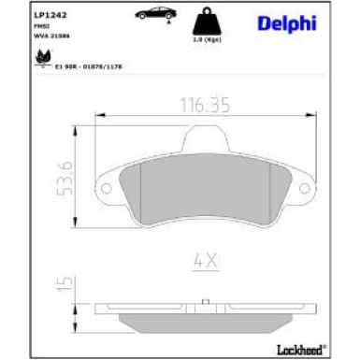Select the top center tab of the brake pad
[206, 139]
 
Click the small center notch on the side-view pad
[207, 302]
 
